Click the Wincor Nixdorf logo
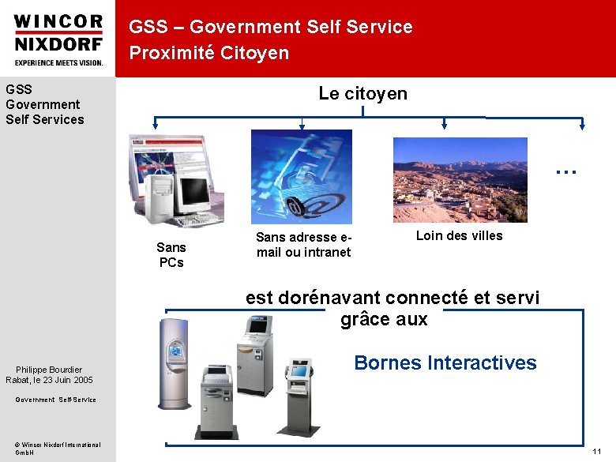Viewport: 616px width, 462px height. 58,39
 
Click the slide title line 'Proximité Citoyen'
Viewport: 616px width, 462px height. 209,53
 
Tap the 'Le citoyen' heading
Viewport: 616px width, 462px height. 362,93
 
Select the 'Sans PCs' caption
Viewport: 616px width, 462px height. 171,254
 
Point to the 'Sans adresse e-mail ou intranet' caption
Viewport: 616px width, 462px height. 303,244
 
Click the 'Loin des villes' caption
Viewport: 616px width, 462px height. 459,235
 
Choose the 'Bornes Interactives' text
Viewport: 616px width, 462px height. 445,362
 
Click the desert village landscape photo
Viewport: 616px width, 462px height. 460,180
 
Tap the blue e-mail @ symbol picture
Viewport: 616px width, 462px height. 301,176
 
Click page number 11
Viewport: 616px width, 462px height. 597,450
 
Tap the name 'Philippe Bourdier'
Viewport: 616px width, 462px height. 54,370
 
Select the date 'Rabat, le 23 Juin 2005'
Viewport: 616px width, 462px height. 49,380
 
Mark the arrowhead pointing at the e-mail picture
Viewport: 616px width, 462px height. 302,125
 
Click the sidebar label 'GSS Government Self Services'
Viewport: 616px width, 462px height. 44,104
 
